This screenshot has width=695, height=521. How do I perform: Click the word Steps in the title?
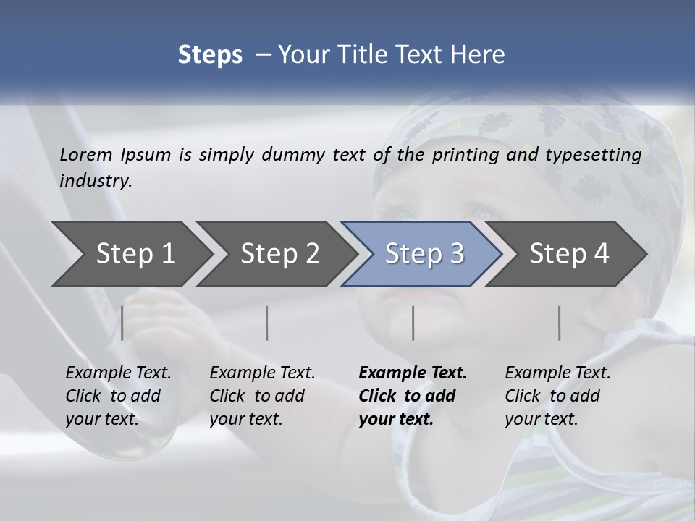(210, 54)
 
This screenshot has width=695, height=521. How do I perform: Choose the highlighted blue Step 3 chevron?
(424, 254)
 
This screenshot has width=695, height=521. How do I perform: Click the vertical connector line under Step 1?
(122, 323)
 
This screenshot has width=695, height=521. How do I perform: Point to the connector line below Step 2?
(267, 323)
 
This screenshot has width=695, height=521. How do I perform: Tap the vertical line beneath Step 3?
(413, 323)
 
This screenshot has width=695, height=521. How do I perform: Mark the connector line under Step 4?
(560, 323)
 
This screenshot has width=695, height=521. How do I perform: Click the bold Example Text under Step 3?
(412, 396)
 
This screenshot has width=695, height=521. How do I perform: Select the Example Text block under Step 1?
(118, 396)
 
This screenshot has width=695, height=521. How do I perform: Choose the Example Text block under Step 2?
(262, 396)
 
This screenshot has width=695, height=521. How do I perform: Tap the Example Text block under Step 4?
(557, 396)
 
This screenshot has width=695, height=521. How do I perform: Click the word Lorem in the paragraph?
(86, 155)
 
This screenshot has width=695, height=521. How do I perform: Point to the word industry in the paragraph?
(96, 181)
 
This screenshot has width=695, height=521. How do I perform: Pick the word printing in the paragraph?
(463, 155)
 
